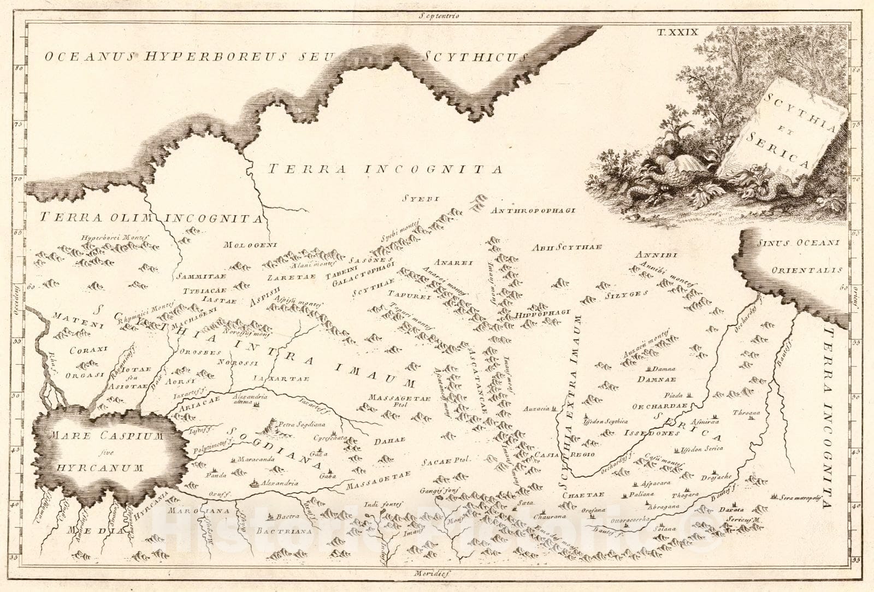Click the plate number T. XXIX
(x=677, y=32)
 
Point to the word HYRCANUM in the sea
(x=99, y=468)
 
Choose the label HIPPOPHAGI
(x=542, y=314)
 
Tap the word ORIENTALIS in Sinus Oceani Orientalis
(x=807, y=270)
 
